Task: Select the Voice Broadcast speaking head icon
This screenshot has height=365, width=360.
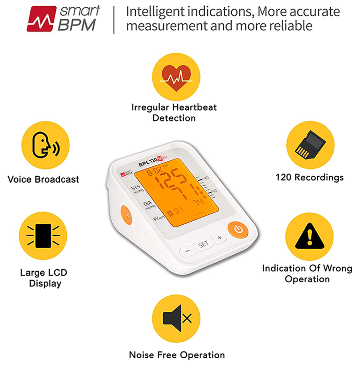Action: pos(43,145)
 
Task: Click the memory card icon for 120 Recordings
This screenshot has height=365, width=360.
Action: pos(309,144)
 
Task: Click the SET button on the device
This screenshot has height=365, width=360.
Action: pos(203,244)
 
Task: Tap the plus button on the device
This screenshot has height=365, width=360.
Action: pos(219,238)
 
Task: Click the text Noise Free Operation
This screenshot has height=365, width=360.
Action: pos(177,355)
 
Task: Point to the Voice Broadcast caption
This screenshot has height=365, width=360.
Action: pos(43,179)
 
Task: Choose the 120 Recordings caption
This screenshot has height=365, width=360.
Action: pos(309,177)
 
